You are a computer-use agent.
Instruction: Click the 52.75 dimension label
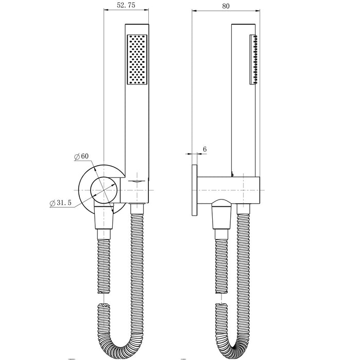pyautogui.click(x=126, y=5)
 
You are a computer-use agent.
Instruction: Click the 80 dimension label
pyautogui.click(x=226, y=6)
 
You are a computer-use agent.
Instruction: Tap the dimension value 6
pyautogui.click(x=204, y=149)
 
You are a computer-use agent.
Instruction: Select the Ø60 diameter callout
pyautogui.click(x=81, y=156)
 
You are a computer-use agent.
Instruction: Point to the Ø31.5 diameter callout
pyautogui.click(x=61, y=203)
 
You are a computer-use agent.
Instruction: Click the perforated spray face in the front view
pyautogui.click(x=137, y=60)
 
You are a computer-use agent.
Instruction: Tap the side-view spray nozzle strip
pyautogui.click(x=253, y=60)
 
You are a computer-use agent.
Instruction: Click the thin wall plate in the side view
pyautogui.click(x=195, y=190)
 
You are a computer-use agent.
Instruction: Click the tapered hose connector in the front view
pyautogui.click(x=104, y=218)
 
